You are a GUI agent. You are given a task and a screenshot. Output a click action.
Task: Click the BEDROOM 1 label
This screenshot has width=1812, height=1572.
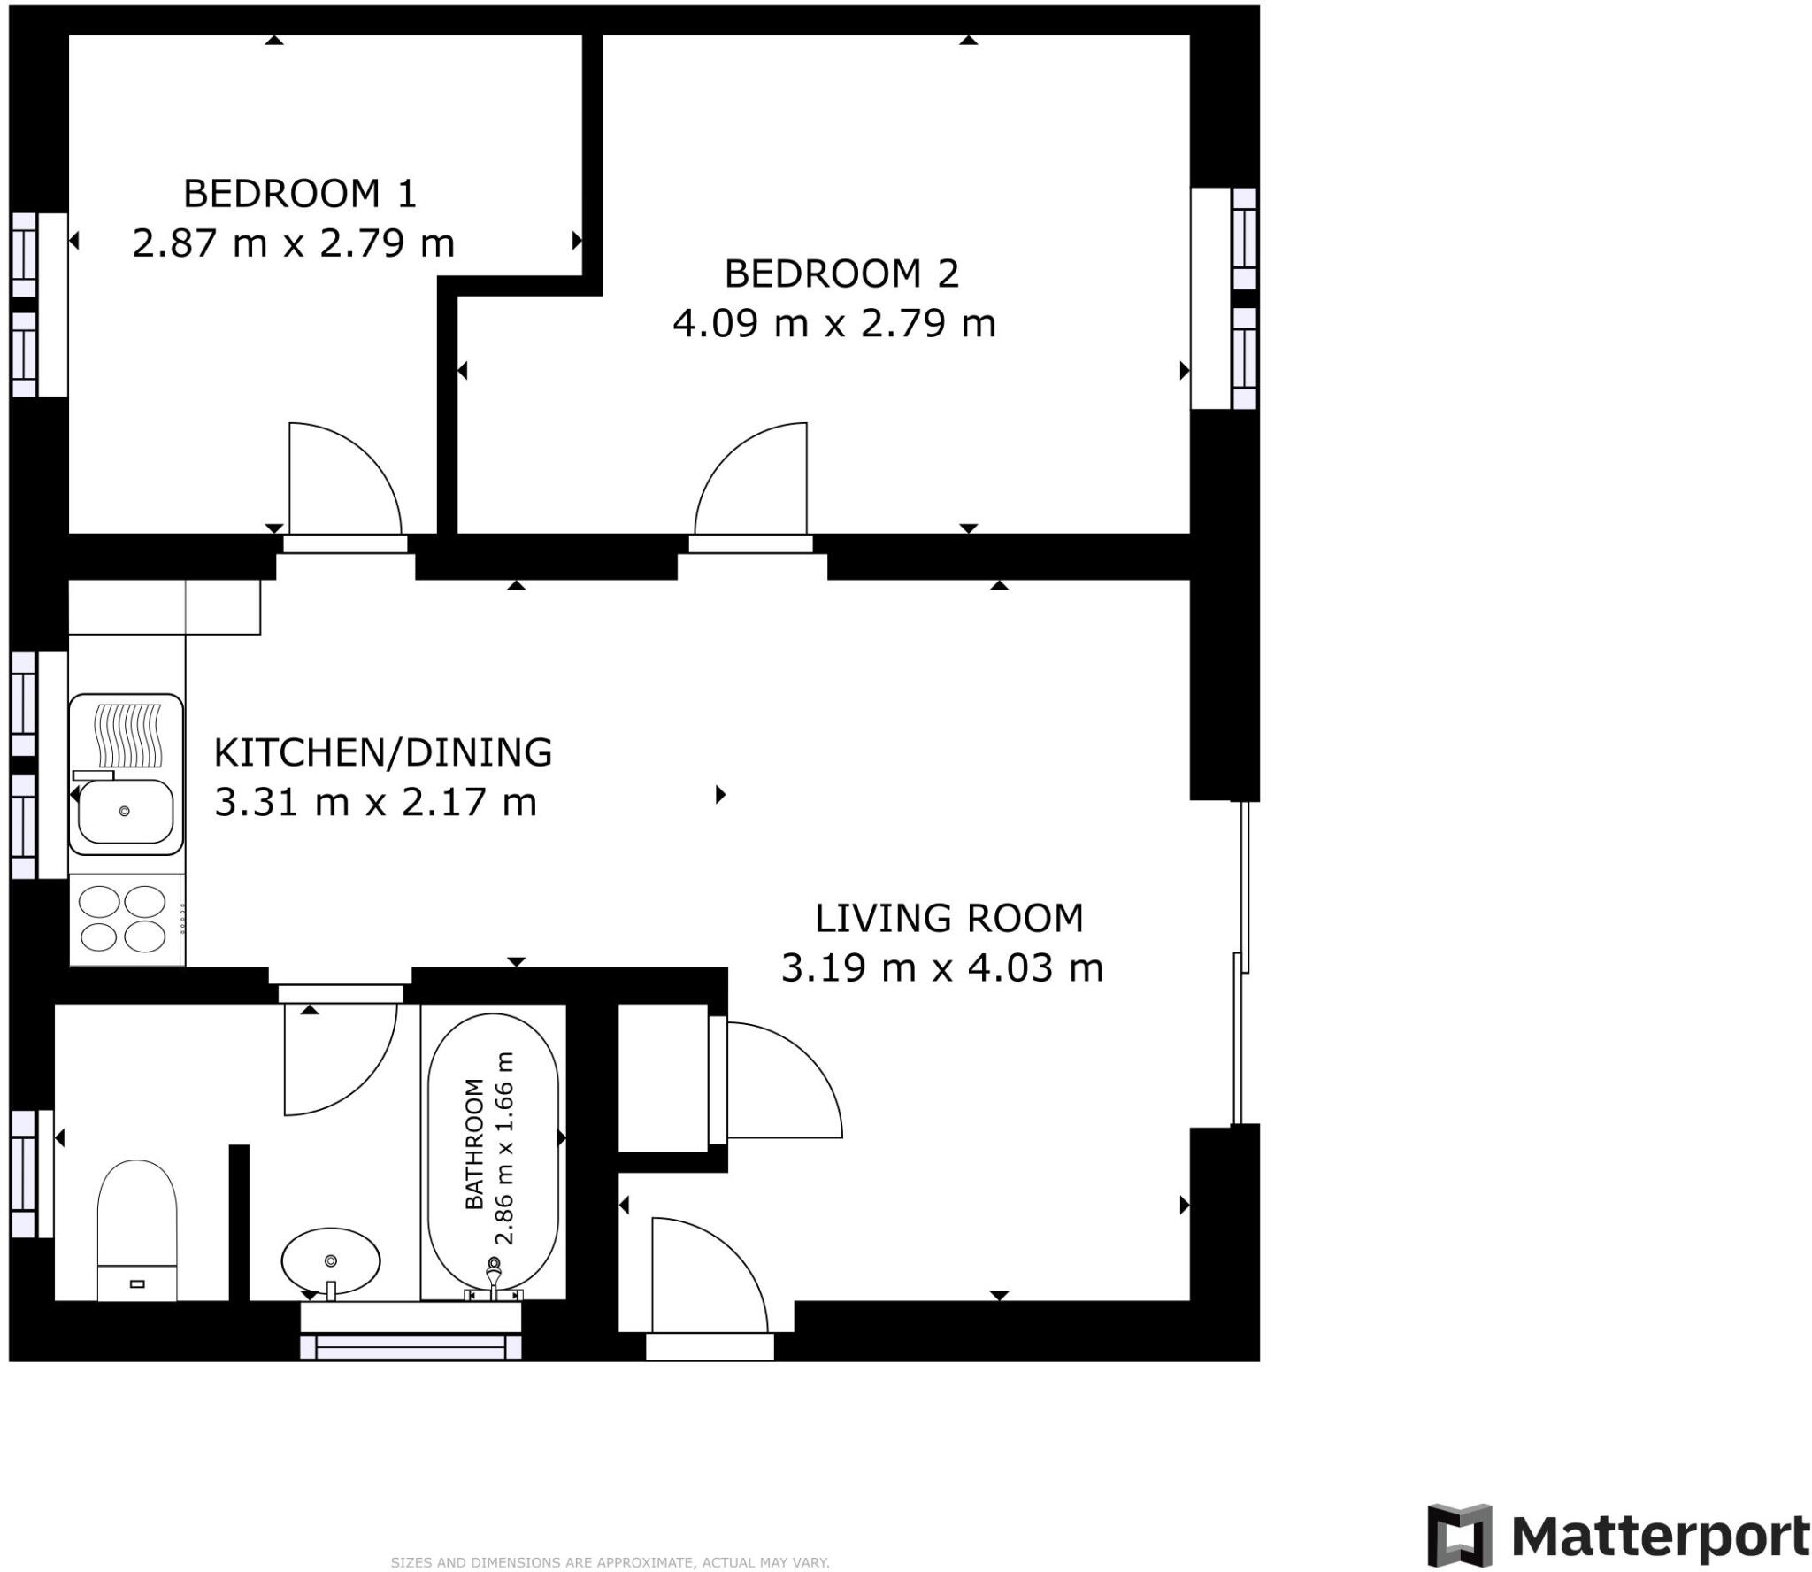coord(299,194)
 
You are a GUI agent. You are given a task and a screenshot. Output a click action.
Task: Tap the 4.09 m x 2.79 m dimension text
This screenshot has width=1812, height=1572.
coord(833,323)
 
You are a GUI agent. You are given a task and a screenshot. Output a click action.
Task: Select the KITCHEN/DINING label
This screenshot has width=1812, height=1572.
coord(382,752)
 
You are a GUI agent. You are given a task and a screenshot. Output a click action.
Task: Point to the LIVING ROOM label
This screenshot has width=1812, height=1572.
coord(948,919)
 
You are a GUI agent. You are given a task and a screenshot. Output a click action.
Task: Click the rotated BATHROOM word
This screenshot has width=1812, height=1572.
coord(475,1144)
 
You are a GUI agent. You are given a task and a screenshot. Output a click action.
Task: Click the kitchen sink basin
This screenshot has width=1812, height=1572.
coord(125,811)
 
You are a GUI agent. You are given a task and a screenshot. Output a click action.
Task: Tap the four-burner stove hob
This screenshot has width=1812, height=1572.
coord(122,919)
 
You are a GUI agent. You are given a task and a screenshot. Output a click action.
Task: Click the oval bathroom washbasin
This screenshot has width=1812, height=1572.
coord(331,1260)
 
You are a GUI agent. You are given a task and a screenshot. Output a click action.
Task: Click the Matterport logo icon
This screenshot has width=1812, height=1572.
coord(1458,1535)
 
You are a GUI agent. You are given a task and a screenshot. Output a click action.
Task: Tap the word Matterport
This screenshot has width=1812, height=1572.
coord(1660,1537)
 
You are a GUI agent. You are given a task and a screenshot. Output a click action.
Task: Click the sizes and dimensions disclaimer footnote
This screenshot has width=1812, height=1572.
coord(610,1563)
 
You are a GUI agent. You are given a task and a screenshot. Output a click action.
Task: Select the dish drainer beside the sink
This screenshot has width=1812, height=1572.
coord(129,735)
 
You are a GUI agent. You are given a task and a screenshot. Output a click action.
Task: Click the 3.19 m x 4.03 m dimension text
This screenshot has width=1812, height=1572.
coord(941,968)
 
